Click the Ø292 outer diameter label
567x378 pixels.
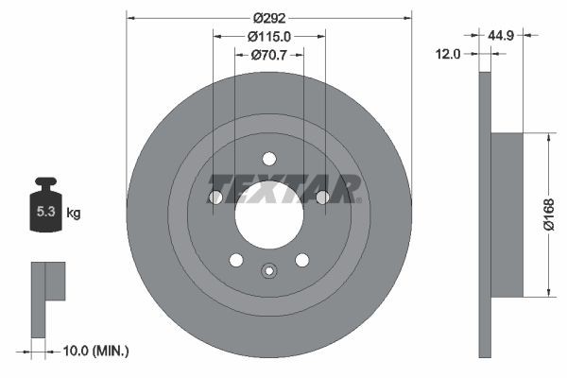point(269,17)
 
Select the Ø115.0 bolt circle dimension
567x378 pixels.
point(269,36)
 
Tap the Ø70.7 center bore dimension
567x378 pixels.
point(269,55)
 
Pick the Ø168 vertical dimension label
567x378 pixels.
point(549,215)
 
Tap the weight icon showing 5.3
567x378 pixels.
point(45,209)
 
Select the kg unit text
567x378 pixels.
point(74,214)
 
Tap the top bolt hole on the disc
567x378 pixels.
point(268,158)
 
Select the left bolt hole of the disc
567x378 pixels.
point(215,197)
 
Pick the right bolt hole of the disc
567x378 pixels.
point(322,197)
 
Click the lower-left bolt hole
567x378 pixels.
point(236,260)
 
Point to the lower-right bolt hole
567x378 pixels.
point(301,260)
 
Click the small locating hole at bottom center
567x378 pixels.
point(268,272)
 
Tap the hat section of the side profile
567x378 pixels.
point(507,215)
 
